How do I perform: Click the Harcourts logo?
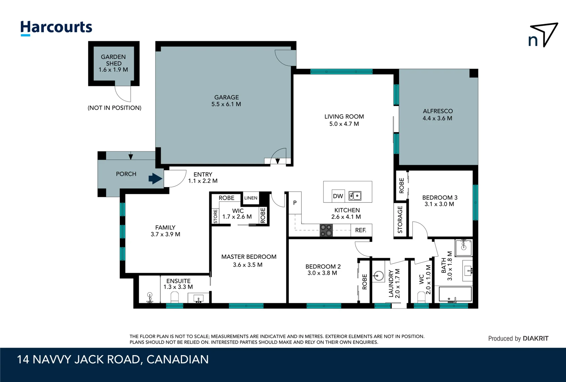tap(56, 28)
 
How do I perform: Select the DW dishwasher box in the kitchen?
tap(338, 196)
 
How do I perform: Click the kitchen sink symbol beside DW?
tap(355, 196)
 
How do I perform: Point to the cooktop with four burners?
tap(326, 230)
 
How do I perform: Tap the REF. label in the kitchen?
tap(361, 230)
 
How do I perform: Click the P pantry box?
tap(295, 203)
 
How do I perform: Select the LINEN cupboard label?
tap(251, 198)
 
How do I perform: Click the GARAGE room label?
tap(226, 97)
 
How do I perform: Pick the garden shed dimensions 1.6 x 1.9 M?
tap(113, 70)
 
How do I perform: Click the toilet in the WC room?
tap(421, 296)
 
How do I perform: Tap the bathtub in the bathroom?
tap(455, 294)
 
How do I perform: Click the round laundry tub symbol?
tap(379, 276)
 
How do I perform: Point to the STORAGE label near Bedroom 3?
tap(400, 219)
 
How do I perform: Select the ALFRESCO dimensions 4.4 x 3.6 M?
tap(437, 118)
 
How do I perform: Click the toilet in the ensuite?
tap(174, 297)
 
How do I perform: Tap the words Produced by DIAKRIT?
tap(518, 338)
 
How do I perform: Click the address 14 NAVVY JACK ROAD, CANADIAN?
tap(113, 359)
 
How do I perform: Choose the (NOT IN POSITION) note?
tap(114, 108)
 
